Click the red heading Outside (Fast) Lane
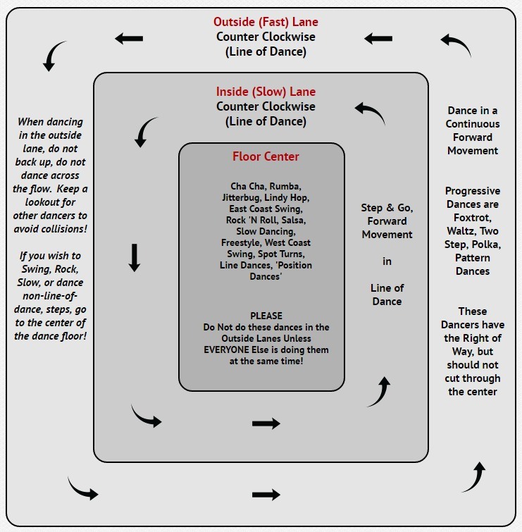coord(266,22)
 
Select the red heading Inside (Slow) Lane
coord(266,92)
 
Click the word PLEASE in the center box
coord(266,316)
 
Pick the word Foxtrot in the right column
coord(473,218)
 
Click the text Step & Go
coord(387,208)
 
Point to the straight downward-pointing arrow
coord(135,257)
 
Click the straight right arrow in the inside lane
coord(266,423)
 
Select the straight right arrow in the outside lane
coord(266,495)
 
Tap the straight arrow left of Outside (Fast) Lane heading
coord(129,39)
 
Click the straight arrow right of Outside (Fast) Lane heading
coord(378,39)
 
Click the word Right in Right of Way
coord(497,338)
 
